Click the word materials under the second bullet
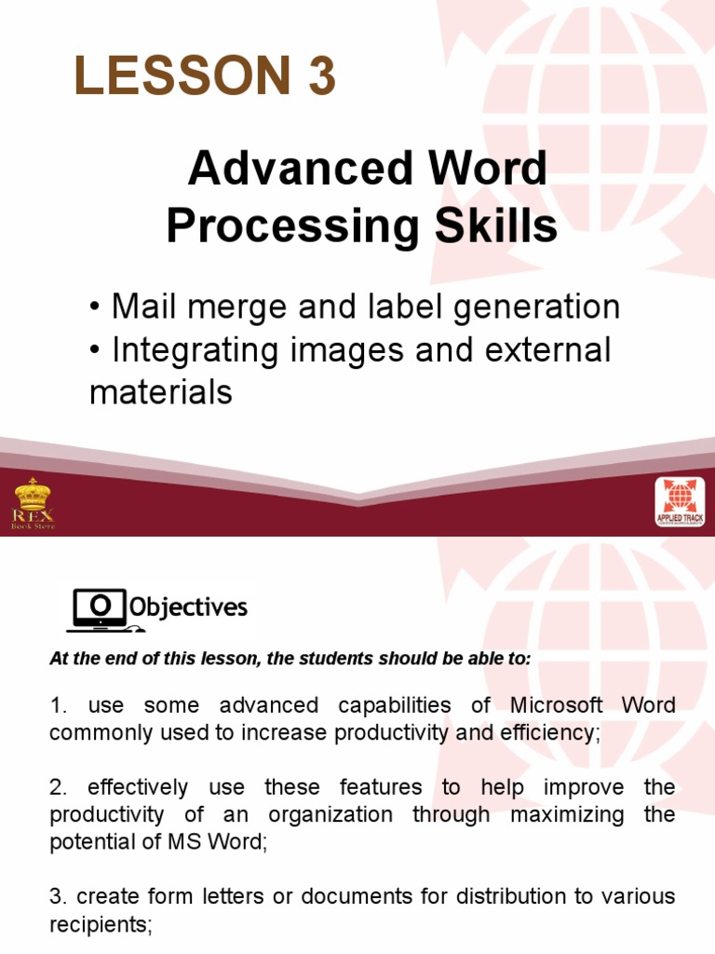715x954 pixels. coord(160,392)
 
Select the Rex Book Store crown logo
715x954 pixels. coord(34,502)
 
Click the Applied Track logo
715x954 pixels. coord(680,503)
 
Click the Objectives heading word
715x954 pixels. coord(188,608)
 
